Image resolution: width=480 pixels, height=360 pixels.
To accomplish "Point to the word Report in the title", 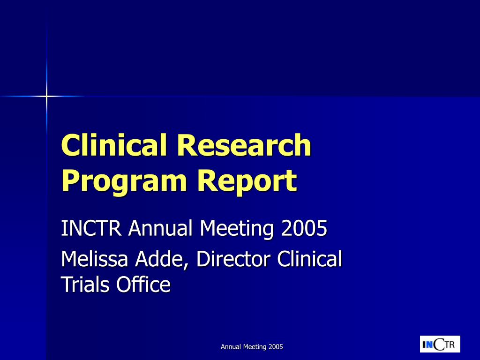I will pyautogui.click(x=247, y=181).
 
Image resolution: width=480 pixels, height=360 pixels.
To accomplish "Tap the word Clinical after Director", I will pyautogui.click(x=310, y=259).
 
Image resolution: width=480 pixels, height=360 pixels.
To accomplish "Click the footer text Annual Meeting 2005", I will pyautogui.click(x=252, y=347).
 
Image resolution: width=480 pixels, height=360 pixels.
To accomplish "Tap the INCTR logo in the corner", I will pyautogui.click(x=440, y=345).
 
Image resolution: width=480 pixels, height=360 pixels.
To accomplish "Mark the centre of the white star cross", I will pyautogui.click(x=46, y=96).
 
